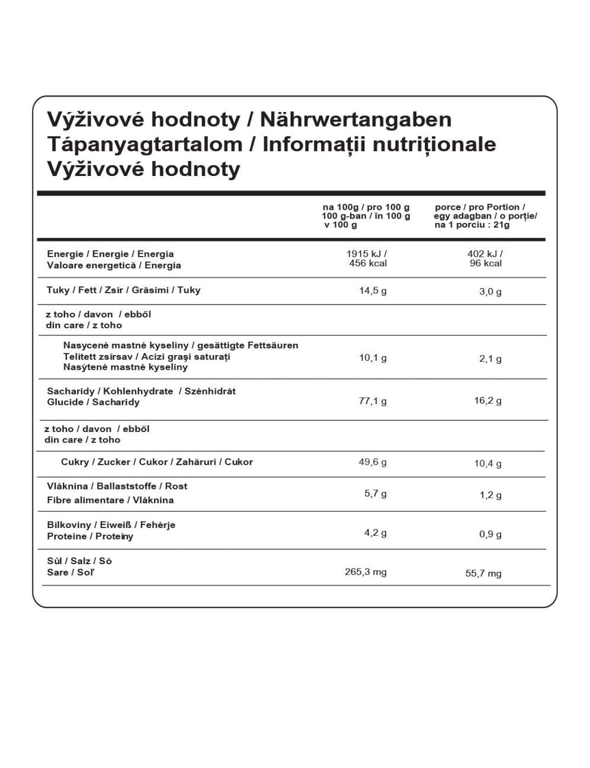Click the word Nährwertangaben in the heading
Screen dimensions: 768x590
(x=355, y=120)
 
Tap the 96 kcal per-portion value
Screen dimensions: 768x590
(x=486, y=264)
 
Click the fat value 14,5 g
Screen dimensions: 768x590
(x=373, y=291)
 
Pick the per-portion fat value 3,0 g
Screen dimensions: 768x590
(x=490, y=292)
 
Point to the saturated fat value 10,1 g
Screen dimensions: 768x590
(x=373, y=358)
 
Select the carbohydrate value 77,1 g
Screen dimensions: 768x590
(x=373, y=401)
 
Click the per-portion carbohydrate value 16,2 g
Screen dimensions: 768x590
(x=488, y=401)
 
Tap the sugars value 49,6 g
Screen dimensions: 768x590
(x=373, y=462)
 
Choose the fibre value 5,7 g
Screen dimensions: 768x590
(x=375, y=494)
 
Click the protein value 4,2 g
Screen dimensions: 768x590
(x=375, y=533)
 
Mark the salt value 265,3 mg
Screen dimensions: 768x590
(x=365, y=572)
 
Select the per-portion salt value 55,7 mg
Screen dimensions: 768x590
(x=483, y=574)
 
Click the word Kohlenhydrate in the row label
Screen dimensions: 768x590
(x=138, y=391)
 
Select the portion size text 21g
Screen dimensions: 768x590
(x=501, y=225)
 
